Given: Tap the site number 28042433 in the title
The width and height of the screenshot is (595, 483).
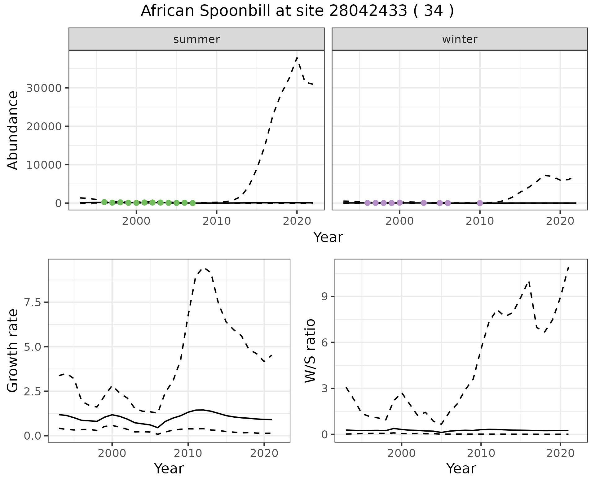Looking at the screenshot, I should [x=368, y=11].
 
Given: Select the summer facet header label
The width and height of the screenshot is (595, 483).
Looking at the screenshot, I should [x=196, y=39].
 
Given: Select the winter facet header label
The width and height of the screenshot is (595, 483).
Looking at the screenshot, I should [x=460, y=39].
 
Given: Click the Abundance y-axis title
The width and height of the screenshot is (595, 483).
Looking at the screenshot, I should [x=13, y=130].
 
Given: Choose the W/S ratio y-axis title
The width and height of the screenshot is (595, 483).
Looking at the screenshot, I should [x=310, y=350].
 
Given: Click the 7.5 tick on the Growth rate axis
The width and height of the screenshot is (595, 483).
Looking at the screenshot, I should [x=33, y=302].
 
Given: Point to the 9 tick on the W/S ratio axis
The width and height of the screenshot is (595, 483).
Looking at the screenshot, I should [x=325, y=297].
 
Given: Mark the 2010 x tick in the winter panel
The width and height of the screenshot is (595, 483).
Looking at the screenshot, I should [x=480, y=221].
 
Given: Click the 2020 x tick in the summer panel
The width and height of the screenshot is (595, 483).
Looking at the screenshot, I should [x=297, y=221].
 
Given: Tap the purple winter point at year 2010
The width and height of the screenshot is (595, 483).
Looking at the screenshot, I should [x=480, y=203].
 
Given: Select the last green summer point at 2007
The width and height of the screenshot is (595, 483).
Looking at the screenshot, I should [x=192, y=203].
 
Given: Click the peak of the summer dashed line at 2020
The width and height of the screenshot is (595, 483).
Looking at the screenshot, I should [x=297, y=58].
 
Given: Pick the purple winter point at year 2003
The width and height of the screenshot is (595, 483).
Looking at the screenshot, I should [x=424, y=203].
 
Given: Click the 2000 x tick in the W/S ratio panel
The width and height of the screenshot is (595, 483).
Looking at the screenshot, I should [x=402, y=454].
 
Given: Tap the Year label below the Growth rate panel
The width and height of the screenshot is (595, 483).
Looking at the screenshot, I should [x=169, y=469].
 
